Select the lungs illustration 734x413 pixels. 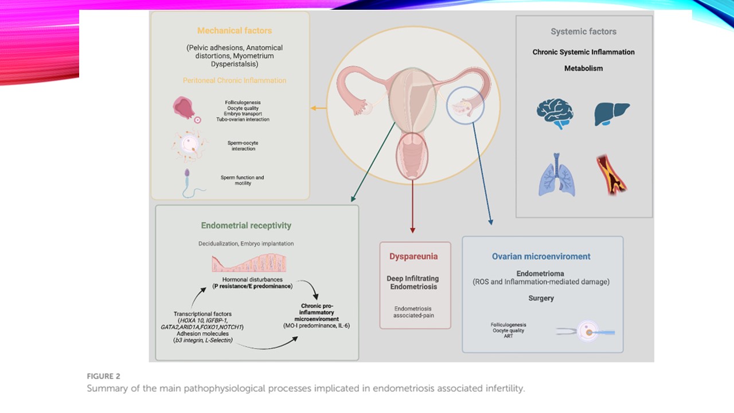[556, 175]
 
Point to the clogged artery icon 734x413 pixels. [612, 174]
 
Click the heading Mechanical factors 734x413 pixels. [235, 30]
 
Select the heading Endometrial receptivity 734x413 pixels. [246, 225]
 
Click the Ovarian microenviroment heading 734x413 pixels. [541, 256]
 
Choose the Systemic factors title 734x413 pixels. [583, 32]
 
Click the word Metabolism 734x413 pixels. [583, 68]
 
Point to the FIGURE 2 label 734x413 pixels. [104, 376]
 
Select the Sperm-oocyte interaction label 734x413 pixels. [243, 146]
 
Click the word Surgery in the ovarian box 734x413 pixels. [541, 298]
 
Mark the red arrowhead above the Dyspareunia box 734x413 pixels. [412, 230]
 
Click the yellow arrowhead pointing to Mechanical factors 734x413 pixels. [313, 108]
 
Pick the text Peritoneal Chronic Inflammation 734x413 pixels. [235, 80]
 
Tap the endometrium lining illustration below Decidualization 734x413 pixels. [252, 263]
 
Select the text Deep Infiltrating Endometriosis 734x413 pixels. [412, 282]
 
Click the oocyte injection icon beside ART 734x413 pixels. [586, 332]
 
